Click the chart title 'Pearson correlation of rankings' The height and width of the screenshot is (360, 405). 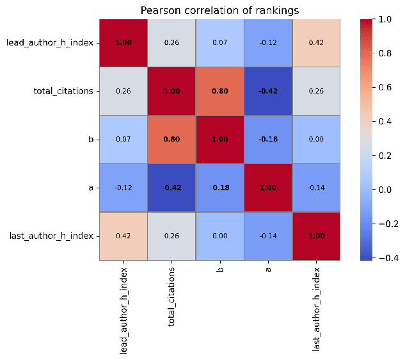219,11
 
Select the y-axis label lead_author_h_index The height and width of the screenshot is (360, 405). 50,43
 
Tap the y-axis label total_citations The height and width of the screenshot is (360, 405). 63,91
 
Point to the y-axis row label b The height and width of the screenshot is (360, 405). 91,140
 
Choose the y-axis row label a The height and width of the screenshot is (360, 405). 91,188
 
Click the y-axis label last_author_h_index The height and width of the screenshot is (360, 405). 51,236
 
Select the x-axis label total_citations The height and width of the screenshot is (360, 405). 171,297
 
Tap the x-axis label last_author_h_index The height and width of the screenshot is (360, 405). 316,309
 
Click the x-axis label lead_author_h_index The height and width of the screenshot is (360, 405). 123,311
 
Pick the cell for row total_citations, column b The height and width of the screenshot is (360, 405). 220,91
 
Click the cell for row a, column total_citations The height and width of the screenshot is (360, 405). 171,188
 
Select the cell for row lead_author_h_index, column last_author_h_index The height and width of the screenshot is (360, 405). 316,43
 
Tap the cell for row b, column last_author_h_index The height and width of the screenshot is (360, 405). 316,140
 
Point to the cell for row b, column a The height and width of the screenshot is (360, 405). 268,140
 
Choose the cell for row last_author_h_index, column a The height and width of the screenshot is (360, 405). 268,236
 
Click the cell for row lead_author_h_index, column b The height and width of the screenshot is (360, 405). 220,43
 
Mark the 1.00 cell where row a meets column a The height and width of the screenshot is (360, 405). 268,188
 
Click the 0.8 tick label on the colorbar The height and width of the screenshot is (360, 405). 385,53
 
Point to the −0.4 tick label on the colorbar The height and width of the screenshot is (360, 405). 388,258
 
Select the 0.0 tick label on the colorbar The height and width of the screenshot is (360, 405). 385,190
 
